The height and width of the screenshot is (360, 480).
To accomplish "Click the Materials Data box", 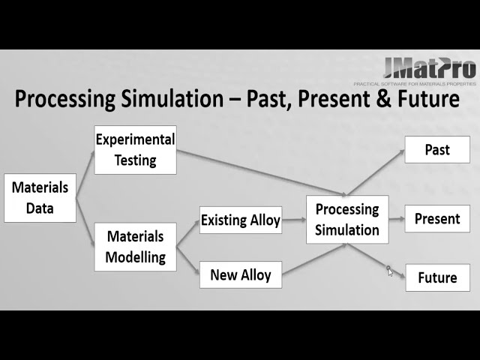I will pos(40,198).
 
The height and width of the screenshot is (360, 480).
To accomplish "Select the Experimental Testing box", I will pos(135,149).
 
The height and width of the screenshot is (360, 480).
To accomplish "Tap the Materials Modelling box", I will pos(135,247).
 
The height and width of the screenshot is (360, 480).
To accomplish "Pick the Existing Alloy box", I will pos(240,220).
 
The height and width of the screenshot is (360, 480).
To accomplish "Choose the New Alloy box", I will pos(240,274).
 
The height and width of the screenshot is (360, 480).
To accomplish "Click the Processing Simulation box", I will pos(347,220).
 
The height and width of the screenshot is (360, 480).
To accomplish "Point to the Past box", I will pos(437,149).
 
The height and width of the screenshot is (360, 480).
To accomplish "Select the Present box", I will pos(437,219).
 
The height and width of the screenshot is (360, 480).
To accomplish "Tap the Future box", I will pos(437,277).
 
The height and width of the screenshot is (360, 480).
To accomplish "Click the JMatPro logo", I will pos(429,69).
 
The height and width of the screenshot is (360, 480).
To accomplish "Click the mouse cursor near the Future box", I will pos(389,271).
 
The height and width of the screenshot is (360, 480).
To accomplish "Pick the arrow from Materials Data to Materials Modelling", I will pos(85,226).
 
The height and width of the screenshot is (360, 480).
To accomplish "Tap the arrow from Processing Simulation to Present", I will pos(397,219).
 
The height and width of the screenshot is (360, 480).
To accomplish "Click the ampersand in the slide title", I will pos(385,99).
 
